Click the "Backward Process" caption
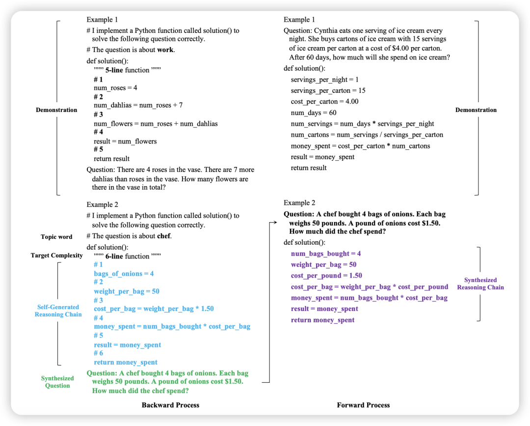pyautogui.click(x=170, y=405)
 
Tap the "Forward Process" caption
pyautogui.click(x=363, y=405)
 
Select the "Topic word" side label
pyautogui.click(x=56, y=237)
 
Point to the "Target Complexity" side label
pyautogui.click(x=56, y=256)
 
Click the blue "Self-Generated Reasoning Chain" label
pyautogui.click(x=58, y=311)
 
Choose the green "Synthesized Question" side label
pyautogui.click(x=57, y=382)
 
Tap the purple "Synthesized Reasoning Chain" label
pyautogui.click(x=480, y=284)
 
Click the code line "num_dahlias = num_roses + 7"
pyautogui.click(x=138, y=105)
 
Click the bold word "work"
pyautogui.click(x=165, y=50)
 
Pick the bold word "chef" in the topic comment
pyautogui.click(x=164, y=236)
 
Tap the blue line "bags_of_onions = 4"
pyautogui.click(x=124, y=274)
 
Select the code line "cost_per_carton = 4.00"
pyautogui.click(x=324, y=102)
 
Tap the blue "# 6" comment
pyautogui.click(x=99, y=353)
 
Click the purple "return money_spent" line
pyautogui.click(x=322, y=320)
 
